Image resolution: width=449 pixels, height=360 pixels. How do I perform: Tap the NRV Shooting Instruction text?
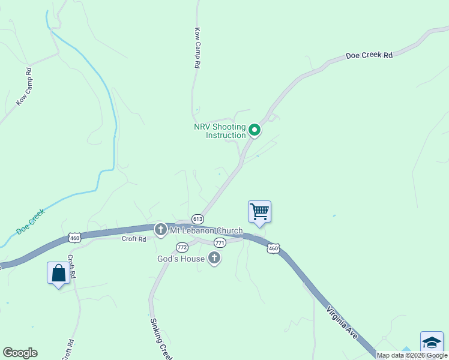[220, 131]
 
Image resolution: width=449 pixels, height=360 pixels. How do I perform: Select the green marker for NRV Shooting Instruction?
[254, 130]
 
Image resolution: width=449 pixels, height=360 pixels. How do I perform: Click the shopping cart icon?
[259, 212]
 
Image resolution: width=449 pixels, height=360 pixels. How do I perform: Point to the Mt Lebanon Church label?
[206, 230]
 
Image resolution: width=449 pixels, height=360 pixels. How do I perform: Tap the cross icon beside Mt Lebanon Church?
[160, 229]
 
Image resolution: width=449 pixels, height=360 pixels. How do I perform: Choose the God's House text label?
[181, 259]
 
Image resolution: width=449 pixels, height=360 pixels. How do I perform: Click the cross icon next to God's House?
[214, 259]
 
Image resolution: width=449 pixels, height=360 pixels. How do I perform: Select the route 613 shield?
[197, 219]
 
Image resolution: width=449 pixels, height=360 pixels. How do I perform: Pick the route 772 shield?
[182, 247]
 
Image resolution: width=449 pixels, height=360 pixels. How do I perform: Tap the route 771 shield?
[220, 242]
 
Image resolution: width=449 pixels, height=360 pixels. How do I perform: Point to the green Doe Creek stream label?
[30, 221]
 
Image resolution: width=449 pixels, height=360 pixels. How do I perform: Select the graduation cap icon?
[431, 342]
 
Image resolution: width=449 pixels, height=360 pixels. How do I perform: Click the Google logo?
[20, 353]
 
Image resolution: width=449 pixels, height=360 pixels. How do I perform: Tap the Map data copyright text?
[412, 355]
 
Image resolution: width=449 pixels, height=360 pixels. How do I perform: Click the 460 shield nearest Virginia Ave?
[273, 248]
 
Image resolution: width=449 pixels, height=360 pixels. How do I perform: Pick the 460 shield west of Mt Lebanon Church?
[74, 238]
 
